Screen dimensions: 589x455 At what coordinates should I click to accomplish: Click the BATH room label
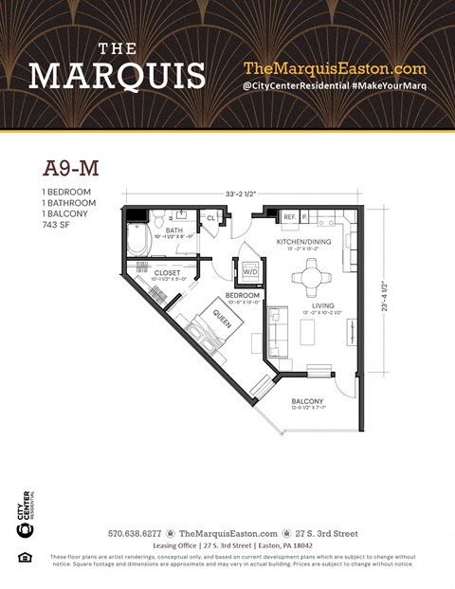tap(174, 230)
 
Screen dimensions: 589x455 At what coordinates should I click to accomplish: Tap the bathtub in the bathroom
tap(138, 240)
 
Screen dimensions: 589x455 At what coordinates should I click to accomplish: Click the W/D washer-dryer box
tap(250, 272)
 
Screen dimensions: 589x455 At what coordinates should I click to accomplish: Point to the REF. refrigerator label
tap(290, 217)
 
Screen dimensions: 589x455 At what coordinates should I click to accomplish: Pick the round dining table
tap(310, 278)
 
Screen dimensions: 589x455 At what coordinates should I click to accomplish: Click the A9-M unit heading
tap(71, 169)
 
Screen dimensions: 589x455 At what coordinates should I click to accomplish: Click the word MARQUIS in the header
tap(117, 75)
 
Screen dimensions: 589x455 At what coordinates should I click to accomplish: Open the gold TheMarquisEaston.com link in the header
tap(335, 68)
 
